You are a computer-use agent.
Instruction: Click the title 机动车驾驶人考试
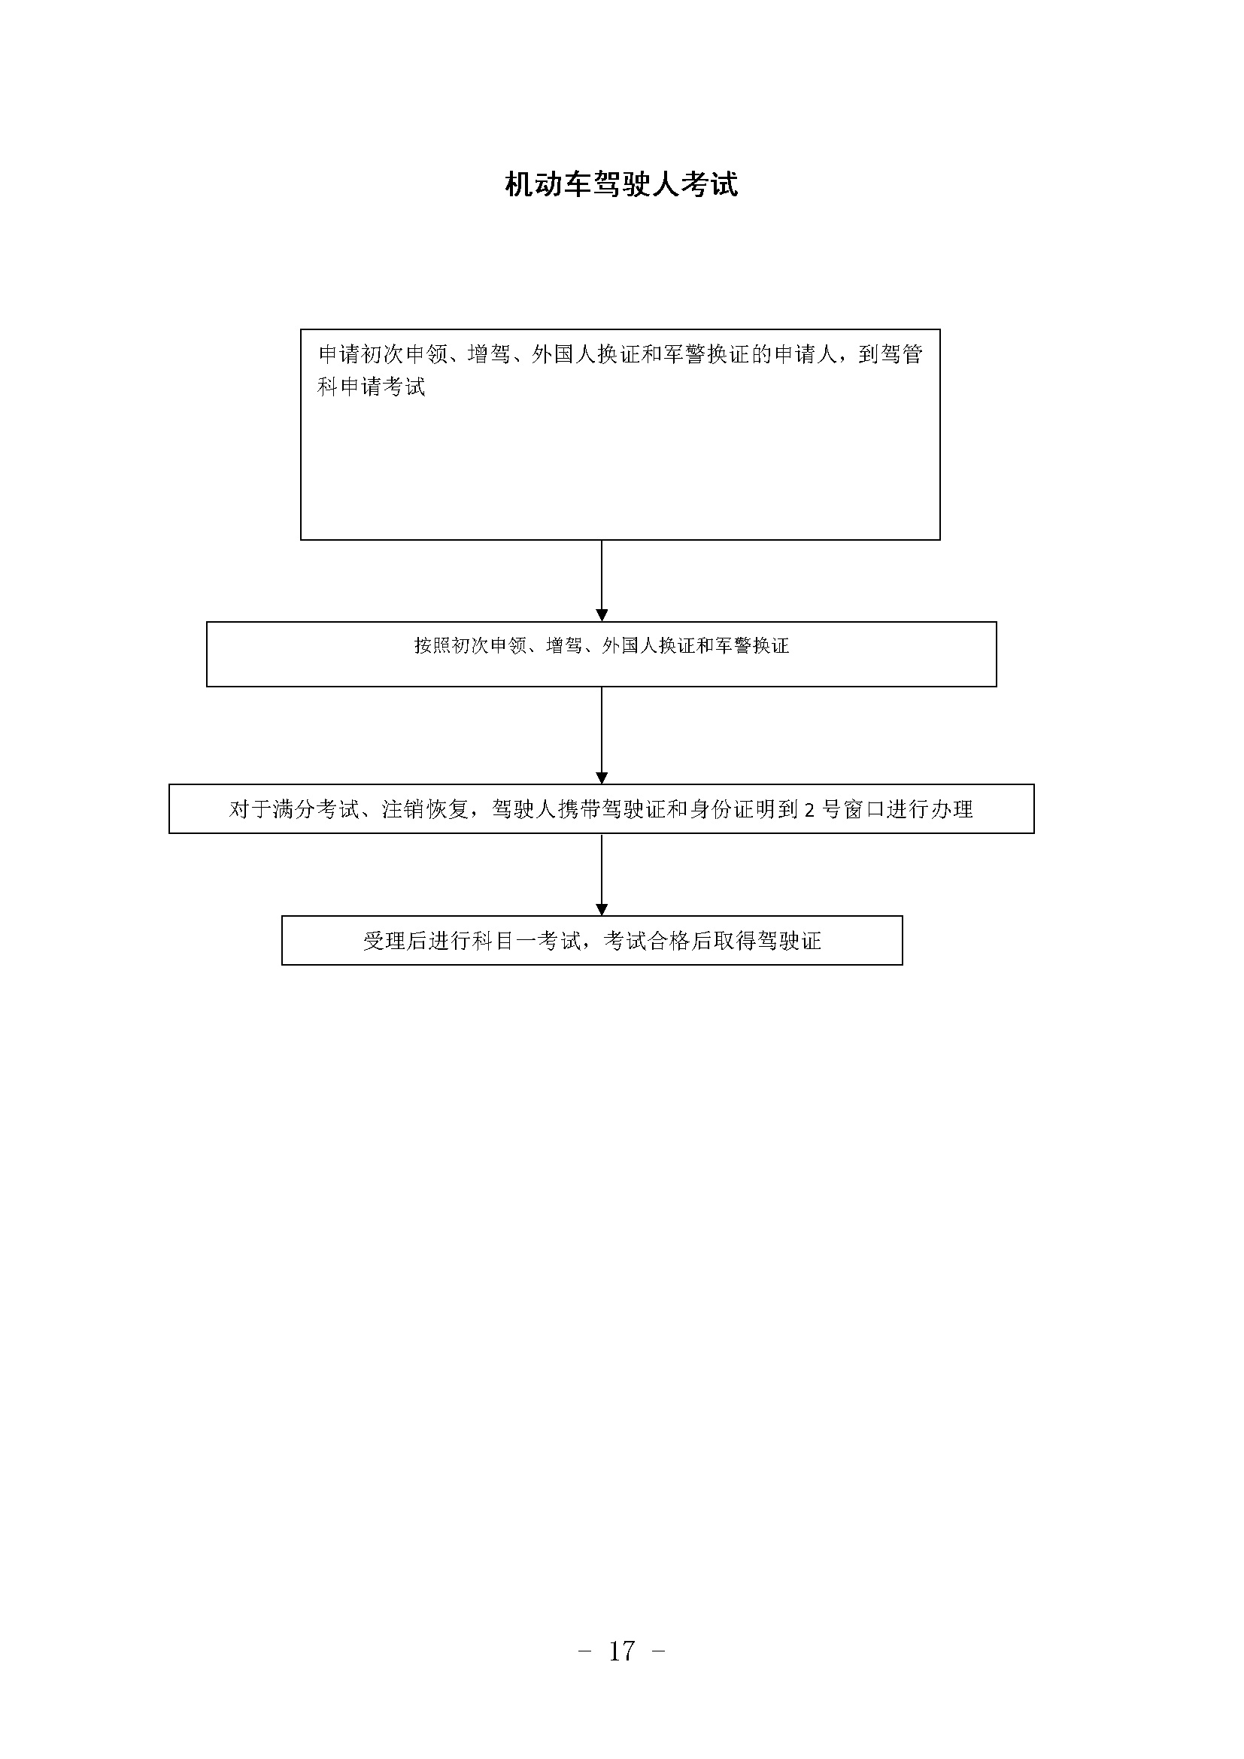621,185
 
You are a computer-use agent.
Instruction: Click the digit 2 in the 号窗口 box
810,810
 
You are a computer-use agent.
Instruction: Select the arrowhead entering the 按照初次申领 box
602,615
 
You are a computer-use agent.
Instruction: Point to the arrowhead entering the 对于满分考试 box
602,778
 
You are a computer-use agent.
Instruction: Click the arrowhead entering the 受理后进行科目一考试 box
602,909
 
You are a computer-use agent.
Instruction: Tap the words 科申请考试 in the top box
372,387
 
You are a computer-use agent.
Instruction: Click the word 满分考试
317,810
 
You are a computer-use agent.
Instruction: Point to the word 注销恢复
426,810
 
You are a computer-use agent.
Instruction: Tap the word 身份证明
733,810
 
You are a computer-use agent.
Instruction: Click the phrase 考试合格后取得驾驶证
712,941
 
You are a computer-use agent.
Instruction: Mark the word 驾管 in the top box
902,355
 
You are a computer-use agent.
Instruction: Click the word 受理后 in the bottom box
396,941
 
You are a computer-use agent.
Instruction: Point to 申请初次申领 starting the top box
383,355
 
